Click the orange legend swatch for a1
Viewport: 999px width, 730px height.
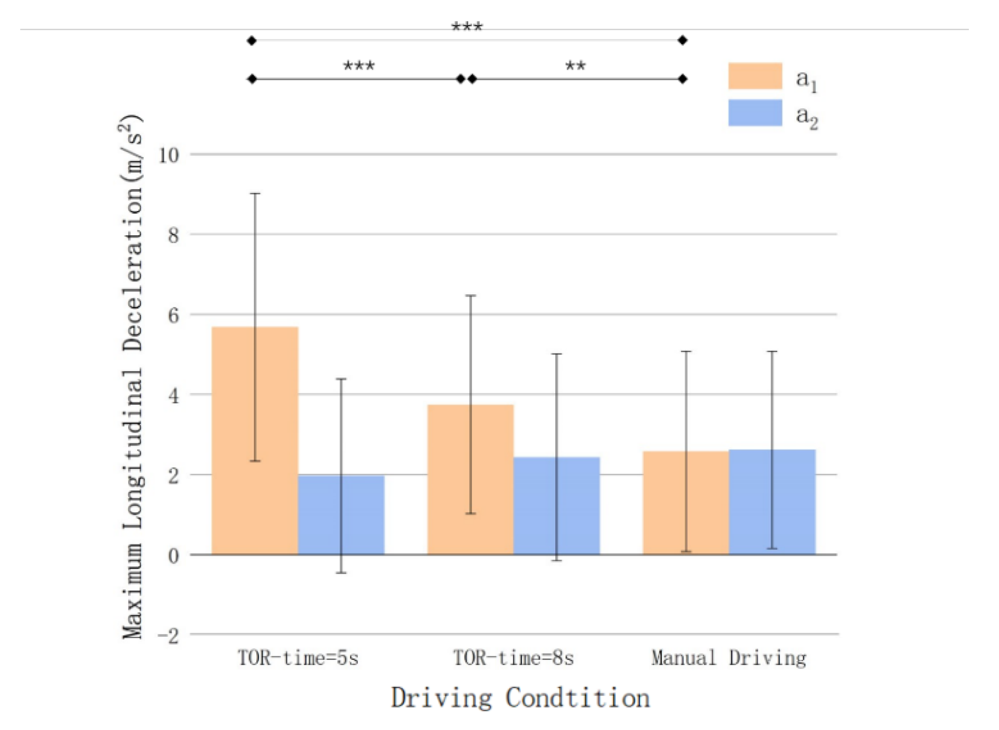pyautogui.click(x=755, y=76)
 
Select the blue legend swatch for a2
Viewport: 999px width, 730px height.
pyautogui.click(x=755, y=112)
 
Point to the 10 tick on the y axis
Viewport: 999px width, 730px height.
pyautogui.click(x=169, y=155)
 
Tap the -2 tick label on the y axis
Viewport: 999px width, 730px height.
pyautogui.click(x=168, y=635)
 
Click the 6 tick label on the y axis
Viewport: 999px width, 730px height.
pyautogui.click(x=173, y=315)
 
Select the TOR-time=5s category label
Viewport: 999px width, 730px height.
pyautogui.click(x=298, y=658)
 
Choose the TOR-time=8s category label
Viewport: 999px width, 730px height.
pyautogui.click(x=513, y=658)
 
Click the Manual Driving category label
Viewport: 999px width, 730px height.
pyautogui.click(x=728, y=658)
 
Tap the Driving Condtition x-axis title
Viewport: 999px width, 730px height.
pyautogui.click(x=520, y=698)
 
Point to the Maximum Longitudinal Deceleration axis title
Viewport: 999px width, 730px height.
pyautogui.click(x=132, y=377)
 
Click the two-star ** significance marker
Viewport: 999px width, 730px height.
pyautogui.click(x=576, y=66)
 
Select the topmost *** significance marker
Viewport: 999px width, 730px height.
pyautogui.click(x=467, y=27)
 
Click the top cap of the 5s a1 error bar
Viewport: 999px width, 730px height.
pyautogui.click(x=255, y=193)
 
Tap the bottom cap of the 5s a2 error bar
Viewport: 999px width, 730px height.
pyautogui.click(x=341, y=573)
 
